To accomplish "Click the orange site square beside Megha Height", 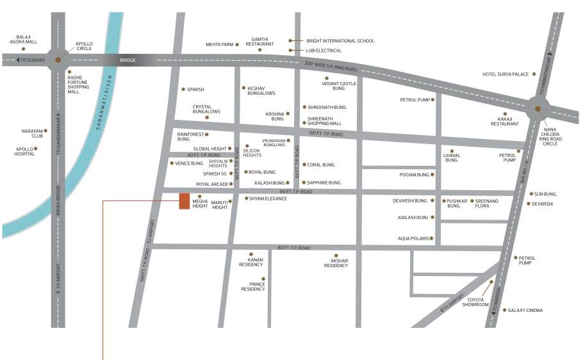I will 184,202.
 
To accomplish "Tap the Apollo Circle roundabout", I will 58,60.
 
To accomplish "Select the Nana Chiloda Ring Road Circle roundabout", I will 534,108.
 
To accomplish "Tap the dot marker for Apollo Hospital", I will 36,149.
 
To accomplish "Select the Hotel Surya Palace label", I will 506,74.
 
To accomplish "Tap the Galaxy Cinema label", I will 525,311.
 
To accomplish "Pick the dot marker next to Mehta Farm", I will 237,44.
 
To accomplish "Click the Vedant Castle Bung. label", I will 339,86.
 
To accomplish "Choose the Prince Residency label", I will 252,286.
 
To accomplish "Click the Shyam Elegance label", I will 268,199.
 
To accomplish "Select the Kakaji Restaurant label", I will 505,121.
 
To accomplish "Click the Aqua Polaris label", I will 413,239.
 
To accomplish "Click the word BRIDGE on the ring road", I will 128,60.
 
